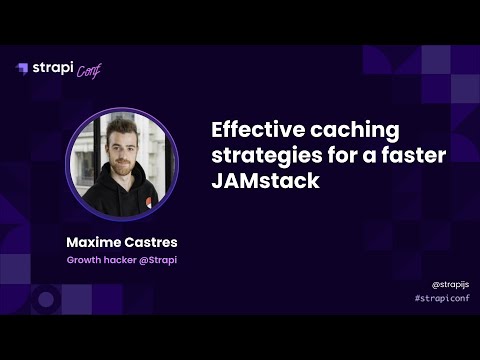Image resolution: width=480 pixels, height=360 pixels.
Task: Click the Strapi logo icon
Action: [22, 68]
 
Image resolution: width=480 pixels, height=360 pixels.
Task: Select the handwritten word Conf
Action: [89, 70]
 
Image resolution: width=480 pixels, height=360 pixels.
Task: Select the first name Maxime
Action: [93, 242]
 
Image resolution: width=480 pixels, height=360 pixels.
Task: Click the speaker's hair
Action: [119, 129]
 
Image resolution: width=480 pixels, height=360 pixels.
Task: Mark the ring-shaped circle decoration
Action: [44, 298]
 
